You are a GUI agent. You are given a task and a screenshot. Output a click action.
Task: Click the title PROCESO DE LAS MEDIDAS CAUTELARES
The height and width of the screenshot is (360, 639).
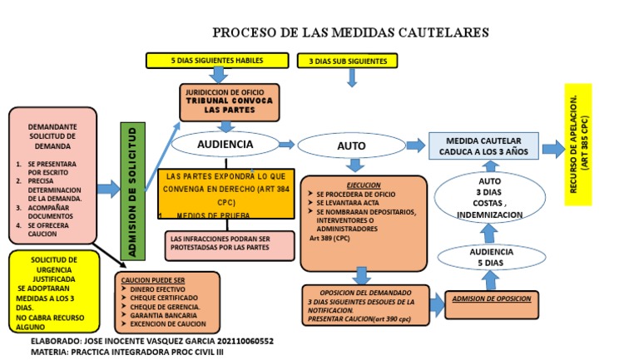pos(350,32)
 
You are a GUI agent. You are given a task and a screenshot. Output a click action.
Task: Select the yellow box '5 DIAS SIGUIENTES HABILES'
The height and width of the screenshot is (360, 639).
pos(216,61)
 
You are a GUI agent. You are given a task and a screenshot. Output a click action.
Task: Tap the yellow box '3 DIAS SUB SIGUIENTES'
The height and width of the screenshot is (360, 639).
pos(348,61)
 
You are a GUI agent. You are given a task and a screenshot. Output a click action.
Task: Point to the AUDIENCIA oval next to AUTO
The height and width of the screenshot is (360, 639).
pos(225,145)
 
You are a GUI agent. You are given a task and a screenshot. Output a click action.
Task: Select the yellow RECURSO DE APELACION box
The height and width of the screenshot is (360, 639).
pos(577,144)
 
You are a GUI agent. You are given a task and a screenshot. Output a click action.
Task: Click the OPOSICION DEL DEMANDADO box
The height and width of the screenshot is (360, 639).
pos(365,305)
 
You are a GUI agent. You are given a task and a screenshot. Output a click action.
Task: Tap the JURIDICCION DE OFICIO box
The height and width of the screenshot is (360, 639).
pos(227,103)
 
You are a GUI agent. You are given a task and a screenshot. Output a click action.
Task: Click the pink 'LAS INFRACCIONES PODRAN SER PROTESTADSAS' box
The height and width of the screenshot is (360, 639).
pos(230,244)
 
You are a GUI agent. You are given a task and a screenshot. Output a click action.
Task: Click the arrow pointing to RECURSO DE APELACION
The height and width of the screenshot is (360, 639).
pos(552,149)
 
